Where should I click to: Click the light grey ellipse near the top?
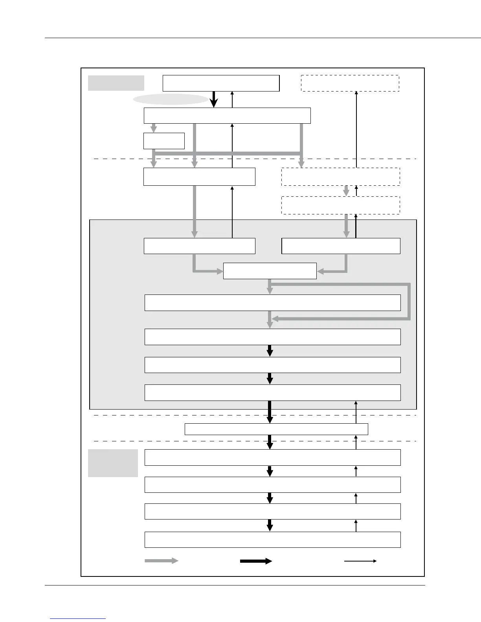click(171, 99)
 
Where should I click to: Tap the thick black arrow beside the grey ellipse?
click(213, 99)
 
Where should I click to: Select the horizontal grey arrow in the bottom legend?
click(162, 561)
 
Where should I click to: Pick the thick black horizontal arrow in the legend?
click(256, 561)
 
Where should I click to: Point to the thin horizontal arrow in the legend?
click(360, 561)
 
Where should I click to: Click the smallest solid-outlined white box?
click(164, 141)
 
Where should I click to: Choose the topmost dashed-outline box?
click(350, 83)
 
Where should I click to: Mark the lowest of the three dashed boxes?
click(341, 205)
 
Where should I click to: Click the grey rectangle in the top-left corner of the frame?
click(116, 83)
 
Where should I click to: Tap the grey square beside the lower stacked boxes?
click(113, 463)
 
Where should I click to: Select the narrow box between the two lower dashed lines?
click(276, 429)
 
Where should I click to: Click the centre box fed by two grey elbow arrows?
click(270, 271)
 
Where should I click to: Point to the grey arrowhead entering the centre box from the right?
click(321, 271)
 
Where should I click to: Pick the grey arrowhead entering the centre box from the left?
click(219, 271)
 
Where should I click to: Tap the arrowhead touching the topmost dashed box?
click(356, 93)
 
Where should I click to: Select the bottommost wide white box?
click(272, 540)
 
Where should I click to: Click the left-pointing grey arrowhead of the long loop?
click(275, 319)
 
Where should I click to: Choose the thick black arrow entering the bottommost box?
click(270, 525)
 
